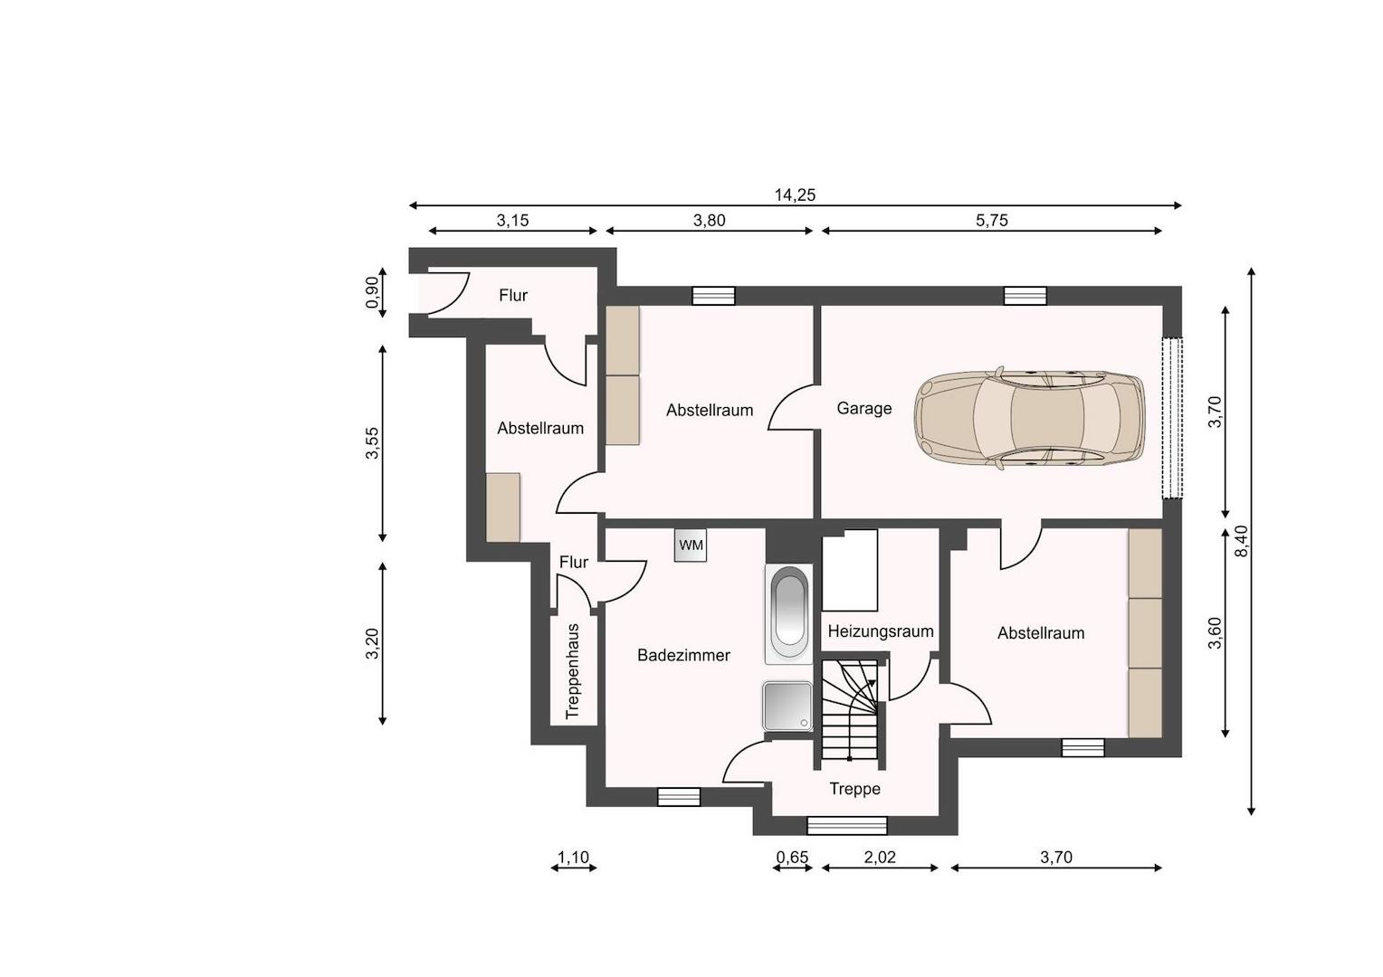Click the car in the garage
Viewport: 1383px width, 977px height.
coord(1029,417)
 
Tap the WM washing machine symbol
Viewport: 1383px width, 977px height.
coord(691,545)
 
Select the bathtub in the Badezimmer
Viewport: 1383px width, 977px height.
coord(789,614)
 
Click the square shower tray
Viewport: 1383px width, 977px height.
coord(787,706)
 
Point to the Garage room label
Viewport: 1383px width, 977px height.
coord(863,408)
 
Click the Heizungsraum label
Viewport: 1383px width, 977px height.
coord(881,631)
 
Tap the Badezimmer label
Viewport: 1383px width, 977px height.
coord(683,655)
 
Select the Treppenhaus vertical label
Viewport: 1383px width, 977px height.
coord(573,671)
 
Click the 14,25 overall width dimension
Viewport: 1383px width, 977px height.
coord(796,195)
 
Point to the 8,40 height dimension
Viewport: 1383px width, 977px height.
coord(1240,541)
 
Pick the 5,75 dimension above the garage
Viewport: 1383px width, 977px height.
coord(992,221)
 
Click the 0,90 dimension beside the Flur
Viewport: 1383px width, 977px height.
coord(372,292)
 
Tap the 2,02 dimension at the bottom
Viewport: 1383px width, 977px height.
coord(879,858)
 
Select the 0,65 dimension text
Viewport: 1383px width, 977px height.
coord(792,858)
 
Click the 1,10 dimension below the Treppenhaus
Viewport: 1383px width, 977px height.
coord(574,858)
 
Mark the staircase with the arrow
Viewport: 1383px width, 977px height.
coord(850,710)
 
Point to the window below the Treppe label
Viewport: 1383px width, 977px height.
coord(847,826)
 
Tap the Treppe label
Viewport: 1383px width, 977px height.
coord(854,789)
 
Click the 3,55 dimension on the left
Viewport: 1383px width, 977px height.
coord(372,443)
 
